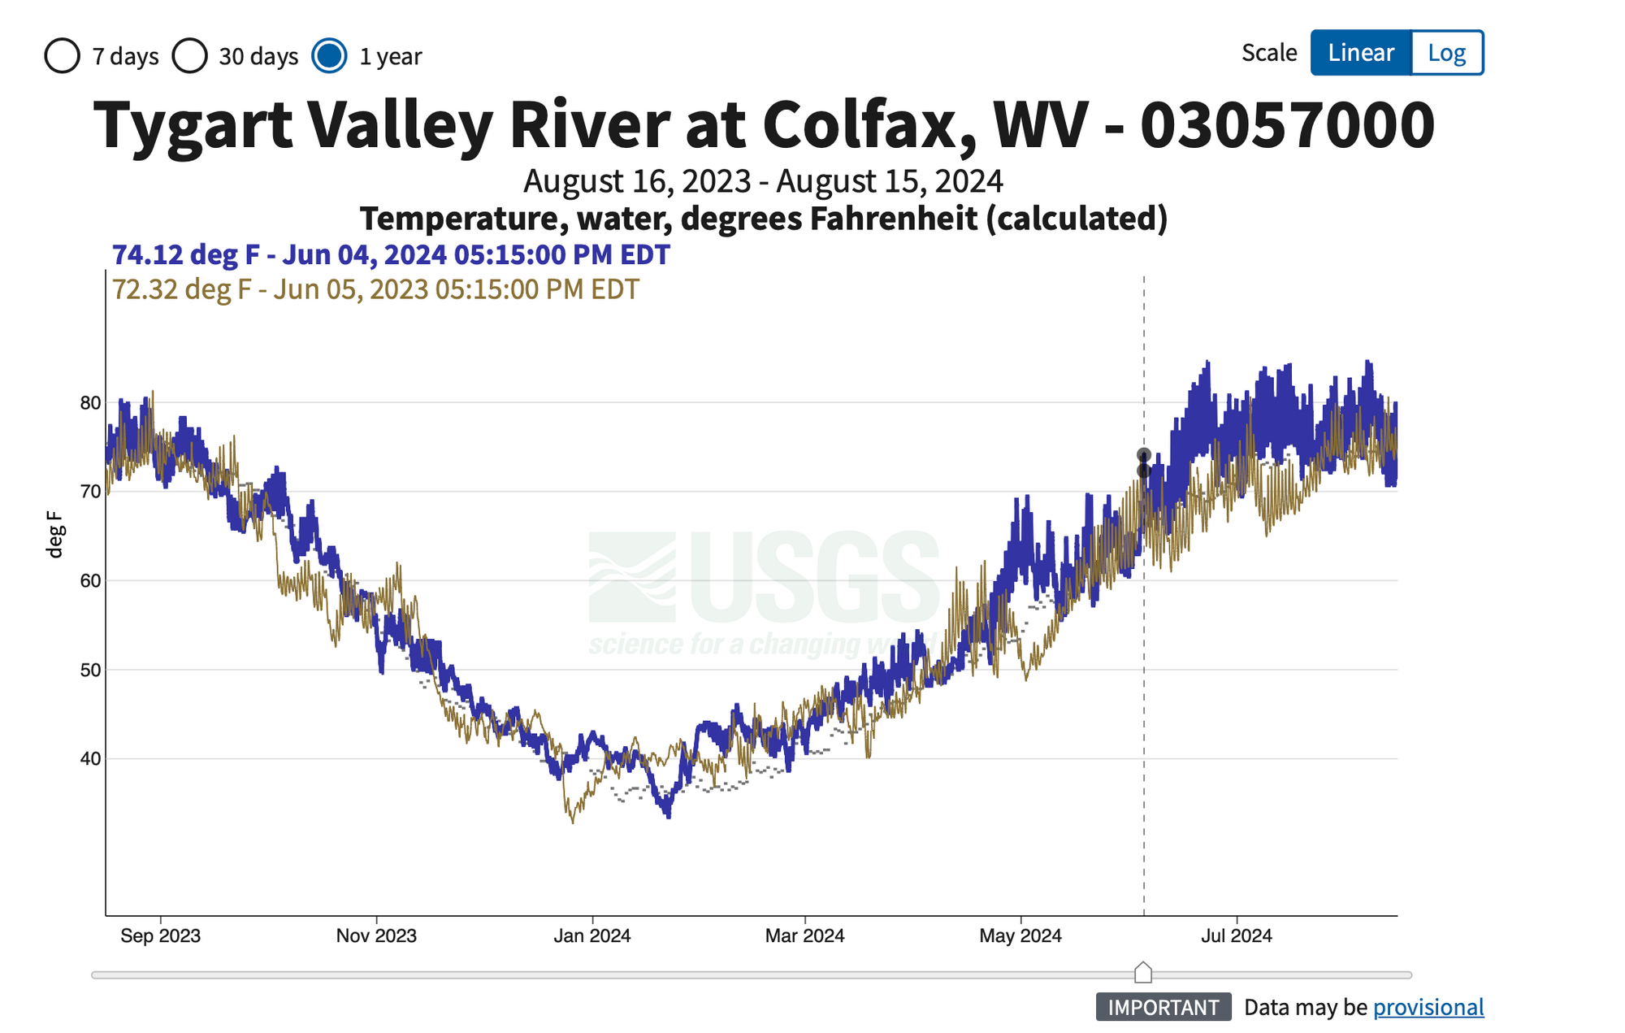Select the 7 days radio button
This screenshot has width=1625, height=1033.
(x=63, y=56)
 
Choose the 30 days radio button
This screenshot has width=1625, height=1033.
(x=190, y=56)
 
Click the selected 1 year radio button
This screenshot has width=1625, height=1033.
(x=329, y=56)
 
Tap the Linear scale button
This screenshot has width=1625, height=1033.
(x=1361, y=53)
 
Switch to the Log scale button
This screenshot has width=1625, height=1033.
(x=1447, y=53)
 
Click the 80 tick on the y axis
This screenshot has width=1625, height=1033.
(x=91, y=403)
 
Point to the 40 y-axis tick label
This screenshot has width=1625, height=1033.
(x=91, y=759)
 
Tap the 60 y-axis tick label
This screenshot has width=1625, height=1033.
(x=91, y=581)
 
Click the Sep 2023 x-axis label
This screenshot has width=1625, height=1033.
(x=160, y=935)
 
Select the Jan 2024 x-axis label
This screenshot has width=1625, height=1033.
(x=592, y=935)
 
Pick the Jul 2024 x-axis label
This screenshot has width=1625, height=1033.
(x=1237, y=935)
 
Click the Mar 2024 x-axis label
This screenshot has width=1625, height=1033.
(x=804, y=935)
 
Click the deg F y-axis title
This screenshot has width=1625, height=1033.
(x=54, y=534)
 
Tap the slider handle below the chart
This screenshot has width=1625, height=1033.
(x=1143, y=972)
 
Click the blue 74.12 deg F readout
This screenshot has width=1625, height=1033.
(x=391, y=254)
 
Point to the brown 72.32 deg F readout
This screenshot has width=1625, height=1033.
(x=375, y=289)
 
